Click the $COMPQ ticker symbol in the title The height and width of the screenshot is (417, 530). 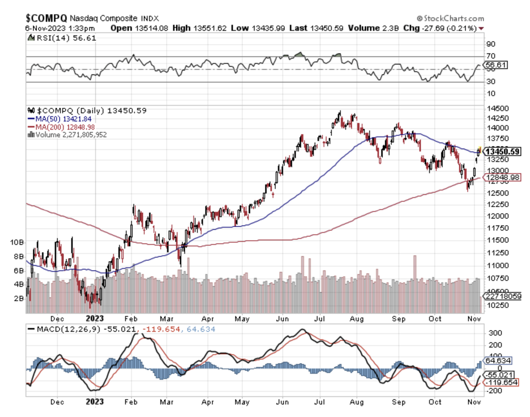coord(46,18)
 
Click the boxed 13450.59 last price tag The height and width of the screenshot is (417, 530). coord(503,152)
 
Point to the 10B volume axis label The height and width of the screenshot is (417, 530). coord(16,242)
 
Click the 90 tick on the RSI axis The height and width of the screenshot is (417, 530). coord(490,44)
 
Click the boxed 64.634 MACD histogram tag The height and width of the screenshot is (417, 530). coord(496,360)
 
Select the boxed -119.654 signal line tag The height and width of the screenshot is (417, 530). coord(500,382)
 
